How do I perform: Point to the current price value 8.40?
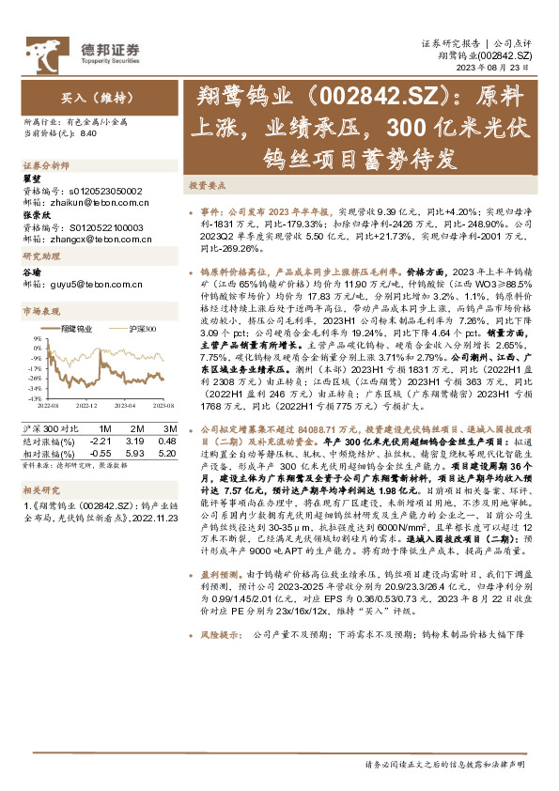tap(89, 134)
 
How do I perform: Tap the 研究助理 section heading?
tap(39, 256)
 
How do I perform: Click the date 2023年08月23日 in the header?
tap(496, 68)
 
